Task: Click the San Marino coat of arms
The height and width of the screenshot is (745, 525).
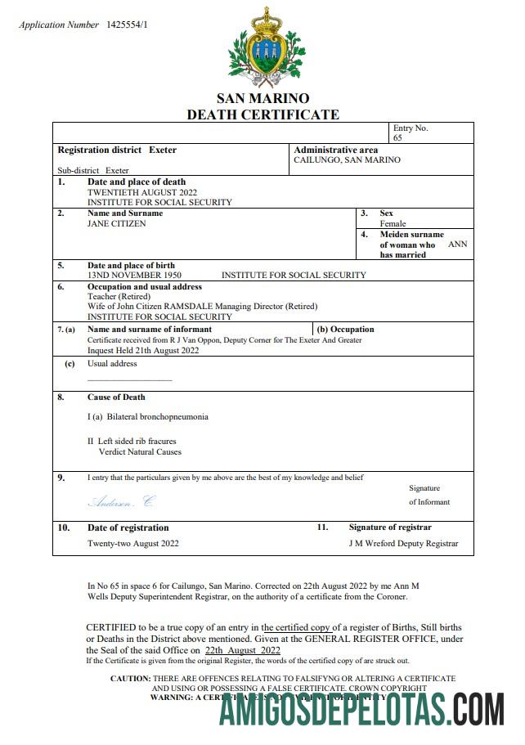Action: [263, 47]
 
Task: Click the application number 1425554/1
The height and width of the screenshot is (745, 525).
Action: [127, 25]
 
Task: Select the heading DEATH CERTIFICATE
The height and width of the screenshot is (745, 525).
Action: [262, 114]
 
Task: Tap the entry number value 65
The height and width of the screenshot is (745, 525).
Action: [397, 138]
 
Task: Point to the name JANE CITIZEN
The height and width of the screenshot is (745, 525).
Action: [117, 223]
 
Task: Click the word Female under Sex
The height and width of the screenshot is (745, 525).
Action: [393, 223]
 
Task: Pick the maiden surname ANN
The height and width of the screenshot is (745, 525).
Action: [458, 244]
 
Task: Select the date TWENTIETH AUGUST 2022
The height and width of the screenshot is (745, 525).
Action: [142, 192]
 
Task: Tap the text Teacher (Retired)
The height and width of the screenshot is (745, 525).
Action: [119, 296]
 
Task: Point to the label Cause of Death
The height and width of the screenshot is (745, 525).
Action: [116, 397]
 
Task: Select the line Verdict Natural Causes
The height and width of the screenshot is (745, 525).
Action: [140, 451]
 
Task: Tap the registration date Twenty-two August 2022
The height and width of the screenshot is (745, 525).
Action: [133, 543]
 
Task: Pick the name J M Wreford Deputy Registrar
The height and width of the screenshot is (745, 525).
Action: [403, 543]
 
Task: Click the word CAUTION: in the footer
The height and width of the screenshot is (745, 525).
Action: [130, 679]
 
